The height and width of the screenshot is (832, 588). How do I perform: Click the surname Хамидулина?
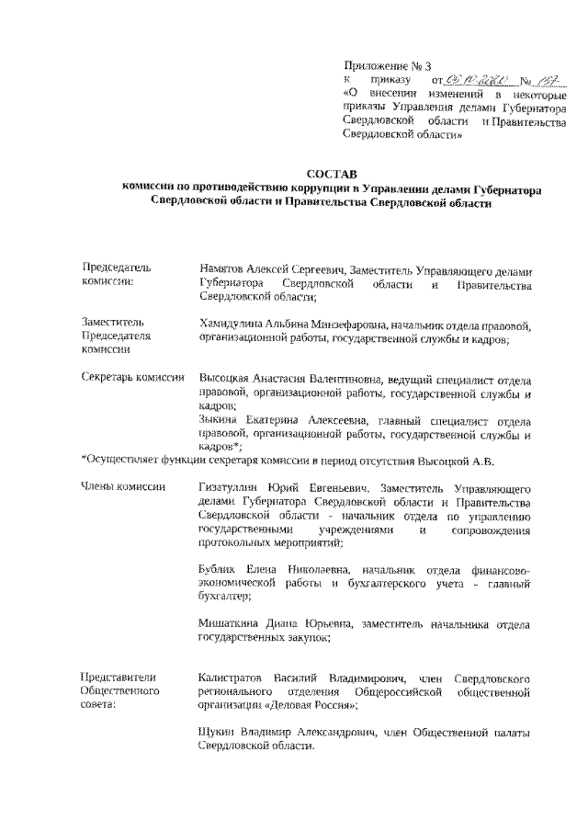click(230, 325)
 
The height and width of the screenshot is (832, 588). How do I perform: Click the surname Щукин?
click(215, 733)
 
